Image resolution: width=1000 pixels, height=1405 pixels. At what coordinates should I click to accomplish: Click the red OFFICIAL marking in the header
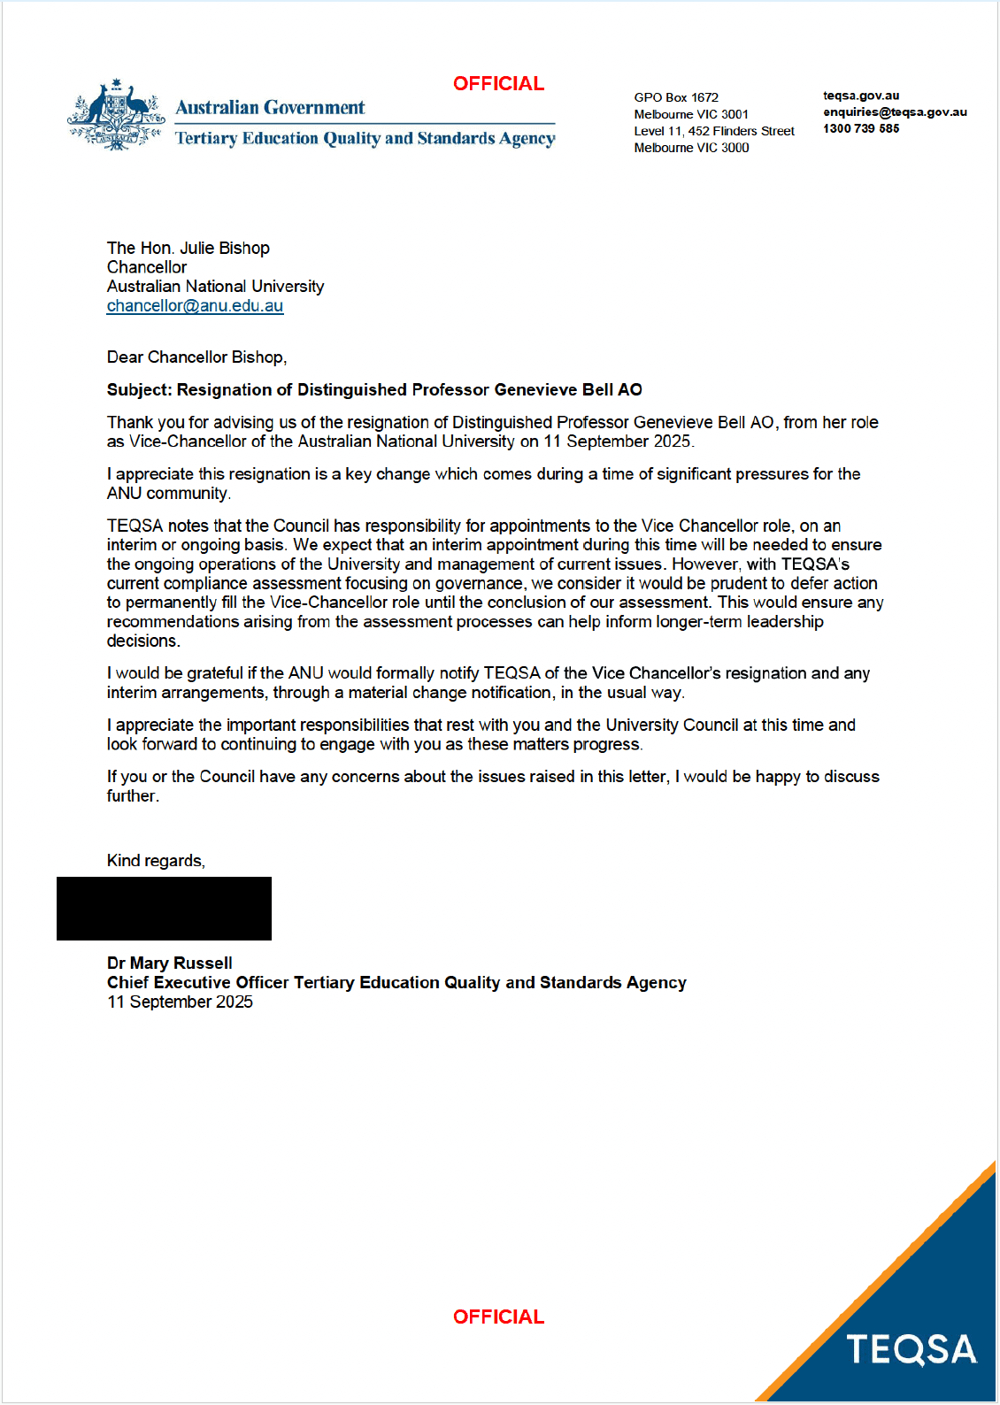point(498,84)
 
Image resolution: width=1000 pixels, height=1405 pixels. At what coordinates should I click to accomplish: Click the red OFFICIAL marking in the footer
point(498,1317)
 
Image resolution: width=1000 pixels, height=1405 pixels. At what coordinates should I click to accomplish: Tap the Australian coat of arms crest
point(116,116)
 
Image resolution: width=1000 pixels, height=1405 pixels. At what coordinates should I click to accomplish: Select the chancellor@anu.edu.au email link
point(195,306)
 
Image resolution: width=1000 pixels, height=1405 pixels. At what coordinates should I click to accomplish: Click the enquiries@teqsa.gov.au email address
point(895,112)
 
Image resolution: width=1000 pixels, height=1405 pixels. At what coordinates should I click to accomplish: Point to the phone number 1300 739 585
point(861,129)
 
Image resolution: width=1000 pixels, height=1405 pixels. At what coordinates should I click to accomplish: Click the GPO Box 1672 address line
point(676,97)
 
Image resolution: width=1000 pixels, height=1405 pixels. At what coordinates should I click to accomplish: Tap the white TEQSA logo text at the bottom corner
point(912,1350)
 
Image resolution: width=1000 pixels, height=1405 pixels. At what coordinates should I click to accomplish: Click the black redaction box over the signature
point(164,909)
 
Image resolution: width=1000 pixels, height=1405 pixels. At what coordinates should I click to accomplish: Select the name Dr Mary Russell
point(170,964)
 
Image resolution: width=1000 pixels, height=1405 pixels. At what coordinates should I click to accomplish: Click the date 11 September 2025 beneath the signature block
point(180,1002)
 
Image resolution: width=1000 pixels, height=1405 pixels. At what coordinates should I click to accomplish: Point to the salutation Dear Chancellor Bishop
point(196,357)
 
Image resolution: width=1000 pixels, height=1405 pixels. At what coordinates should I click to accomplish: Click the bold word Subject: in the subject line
point(139,390)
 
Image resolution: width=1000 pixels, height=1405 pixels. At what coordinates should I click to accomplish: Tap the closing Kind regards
point(156,861)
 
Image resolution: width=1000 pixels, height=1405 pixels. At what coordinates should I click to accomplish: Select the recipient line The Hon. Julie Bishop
point(188,249)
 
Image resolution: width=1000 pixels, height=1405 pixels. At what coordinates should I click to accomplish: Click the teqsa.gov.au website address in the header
point(861,96)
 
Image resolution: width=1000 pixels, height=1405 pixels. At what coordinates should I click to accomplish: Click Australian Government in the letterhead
point(270,108)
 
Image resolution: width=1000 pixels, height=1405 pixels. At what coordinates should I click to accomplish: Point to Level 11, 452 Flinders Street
point(714,131)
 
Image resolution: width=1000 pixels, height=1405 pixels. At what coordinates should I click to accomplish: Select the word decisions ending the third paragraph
point(142,641)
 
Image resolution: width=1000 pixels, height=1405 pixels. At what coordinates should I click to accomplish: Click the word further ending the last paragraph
point(132,796)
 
